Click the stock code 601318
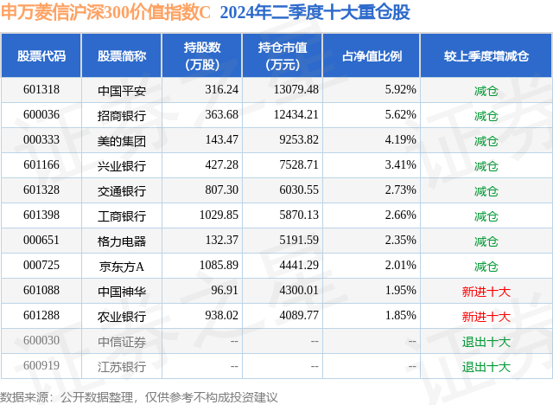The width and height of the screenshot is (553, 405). pyautogui.click(x=41, y=90)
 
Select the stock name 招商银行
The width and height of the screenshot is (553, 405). pyautogui.click(x=122, y=115)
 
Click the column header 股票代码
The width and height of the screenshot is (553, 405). pyautogui.click(x=41, y=56)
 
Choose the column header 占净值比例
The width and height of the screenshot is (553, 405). pyautogui.click(x=378, y=56)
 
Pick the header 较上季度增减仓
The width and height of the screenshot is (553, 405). pyautogui.click(x=486, y=56)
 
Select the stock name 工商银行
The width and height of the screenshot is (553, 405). pyautogui.click(x=122, y=215)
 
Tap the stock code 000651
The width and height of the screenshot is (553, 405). pyautogui.click(x=41, y=241)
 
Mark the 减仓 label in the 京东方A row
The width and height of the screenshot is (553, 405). pyautogui.click(x=486, y=266)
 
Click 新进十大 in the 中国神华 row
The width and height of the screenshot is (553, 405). pyautogui.click(x=486, y=291)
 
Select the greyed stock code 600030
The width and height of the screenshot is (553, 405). pyautogui.click(x=41, y=341)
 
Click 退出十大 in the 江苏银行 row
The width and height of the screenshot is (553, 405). pyautogui.click(x=486, y=366)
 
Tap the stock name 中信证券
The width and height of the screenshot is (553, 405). pyautogui.click(x=122, y=341)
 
